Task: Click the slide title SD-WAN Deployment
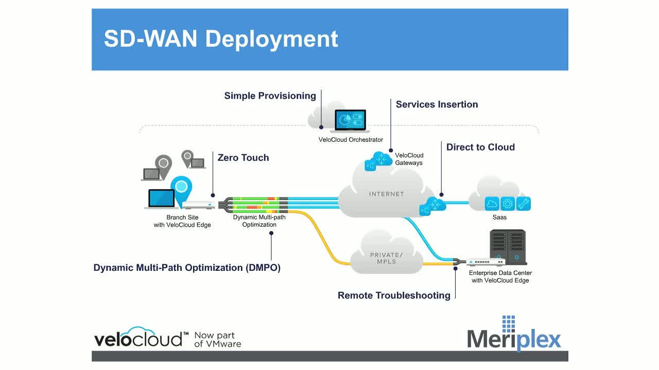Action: click(221, 39)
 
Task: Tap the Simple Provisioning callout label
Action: click(270, 96)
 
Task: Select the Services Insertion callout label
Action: click(437, 104)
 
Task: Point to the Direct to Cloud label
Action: click(480, 147)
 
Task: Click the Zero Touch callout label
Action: click(243, 158)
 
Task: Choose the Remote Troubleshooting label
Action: click(394, 295)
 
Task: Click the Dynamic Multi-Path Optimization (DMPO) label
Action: click(187, 268)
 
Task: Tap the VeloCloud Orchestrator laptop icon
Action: click(350, 121)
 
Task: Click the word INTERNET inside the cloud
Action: click(386, 194)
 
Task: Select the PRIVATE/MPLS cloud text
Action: click(386, 258)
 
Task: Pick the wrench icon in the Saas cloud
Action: click(523, 204)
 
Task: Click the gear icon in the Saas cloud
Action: click(508, 204)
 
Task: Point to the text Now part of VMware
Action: click(217, 340)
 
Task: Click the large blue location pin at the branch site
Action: click(181, 189)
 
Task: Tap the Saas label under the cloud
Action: click(499, 217)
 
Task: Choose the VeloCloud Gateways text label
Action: click(409, 159)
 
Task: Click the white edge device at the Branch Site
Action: click(198, 205)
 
